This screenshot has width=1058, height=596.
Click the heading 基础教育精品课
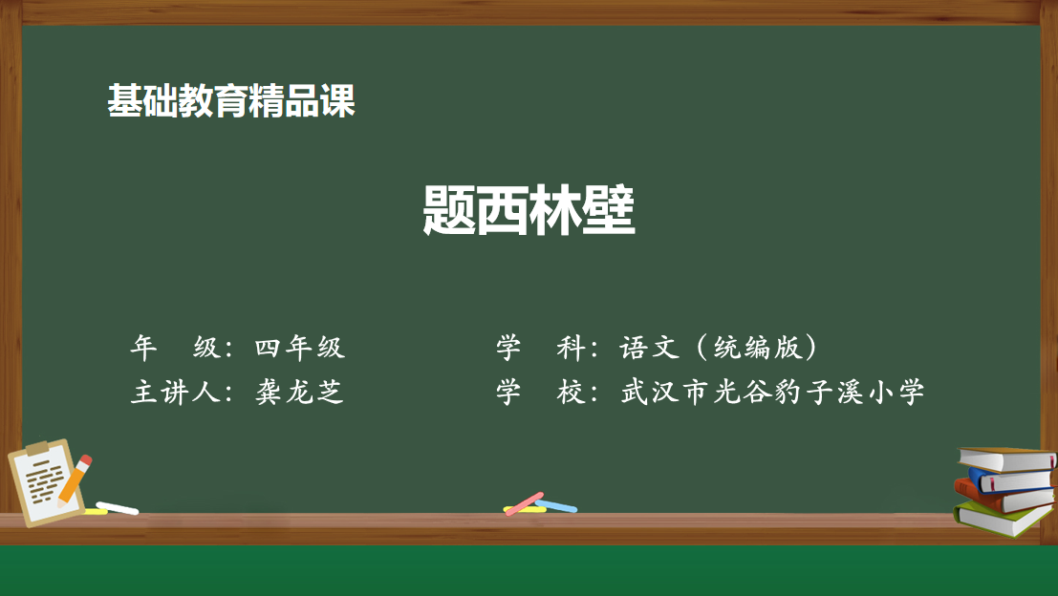(x=231, y=101)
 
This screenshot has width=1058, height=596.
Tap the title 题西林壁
(x=529, y=210)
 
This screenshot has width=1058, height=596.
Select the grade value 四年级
(x=299, y=348)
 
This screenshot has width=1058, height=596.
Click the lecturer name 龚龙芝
(x=299, y=392)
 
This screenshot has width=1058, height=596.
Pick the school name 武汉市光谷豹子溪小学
(x=772, y=392)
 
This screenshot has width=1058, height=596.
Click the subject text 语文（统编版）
(x=719, y=348)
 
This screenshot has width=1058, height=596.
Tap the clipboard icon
(x=46, y=481)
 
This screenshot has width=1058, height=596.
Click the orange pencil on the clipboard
(x=75, y=480)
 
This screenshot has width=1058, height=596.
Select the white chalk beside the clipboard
(x=118, y=508)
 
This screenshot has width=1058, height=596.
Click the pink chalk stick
(x=525, y=503)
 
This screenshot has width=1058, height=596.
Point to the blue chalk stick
(x=556, y=505)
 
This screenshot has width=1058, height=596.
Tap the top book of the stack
(x=1006, y=458)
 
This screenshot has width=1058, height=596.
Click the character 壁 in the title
(x=609, y=210)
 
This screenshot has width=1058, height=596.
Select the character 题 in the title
(x=448, y=210)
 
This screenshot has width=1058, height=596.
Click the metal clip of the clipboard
(x=37, y=448)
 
